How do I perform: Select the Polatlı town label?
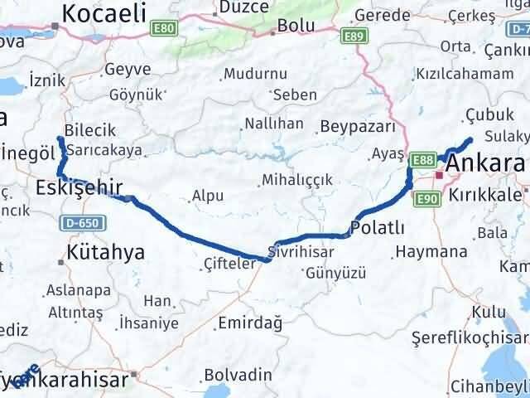(x=378, y=228)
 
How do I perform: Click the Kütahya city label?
(x=106, y=251)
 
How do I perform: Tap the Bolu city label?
(x=296, y=26)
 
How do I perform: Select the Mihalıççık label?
(x=296, y=179)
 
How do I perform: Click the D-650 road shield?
(x=72, y=222)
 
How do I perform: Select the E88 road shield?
(x=422, y=159)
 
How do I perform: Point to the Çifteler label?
(x=226, y=264)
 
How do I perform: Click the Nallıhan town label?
(x=273, y=124)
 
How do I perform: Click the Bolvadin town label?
(x=237, y=374)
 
